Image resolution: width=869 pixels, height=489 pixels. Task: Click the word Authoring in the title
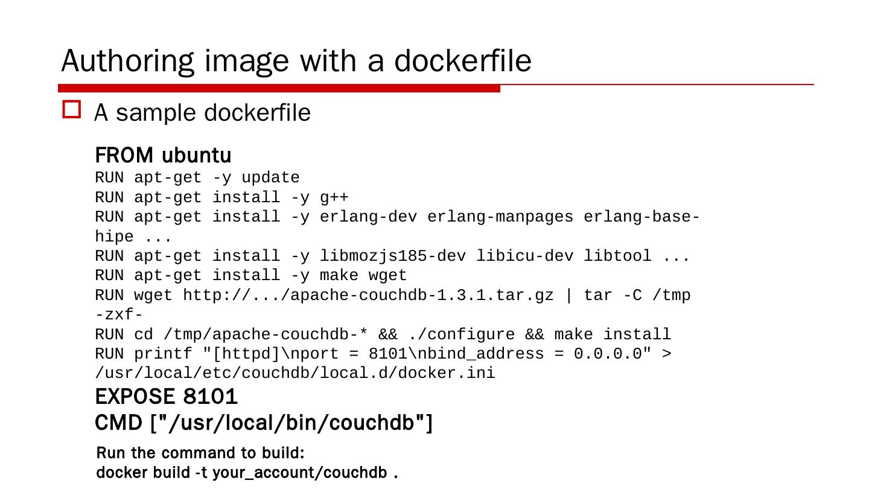128,61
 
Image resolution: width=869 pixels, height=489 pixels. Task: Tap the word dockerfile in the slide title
462,61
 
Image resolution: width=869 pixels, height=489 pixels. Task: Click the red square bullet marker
72,110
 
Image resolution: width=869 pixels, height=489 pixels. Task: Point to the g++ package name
334,197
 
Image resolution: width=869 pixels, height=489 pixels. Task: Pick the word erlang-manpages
500,217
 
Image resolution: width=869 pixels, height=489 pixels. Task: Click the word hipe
114,237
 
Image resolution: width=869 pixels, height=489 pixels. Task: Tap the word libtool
617,256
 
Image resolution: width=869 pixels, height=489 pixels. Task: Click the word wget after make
387,276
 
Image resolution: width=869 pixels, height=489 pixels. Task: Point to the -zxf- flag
119,315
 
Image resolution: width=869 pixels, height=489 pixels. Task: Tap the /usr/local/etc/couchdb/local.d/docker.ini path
295,374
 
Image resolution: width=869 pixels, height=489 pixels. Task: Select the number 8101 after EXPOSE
211,397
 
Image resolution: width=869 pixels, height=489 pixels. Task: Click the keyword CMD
118,423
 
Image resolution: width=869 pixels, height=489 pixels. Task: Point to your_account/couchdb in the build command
299,473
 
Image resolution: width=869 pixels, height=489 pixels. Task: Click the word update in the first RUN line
270,178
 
